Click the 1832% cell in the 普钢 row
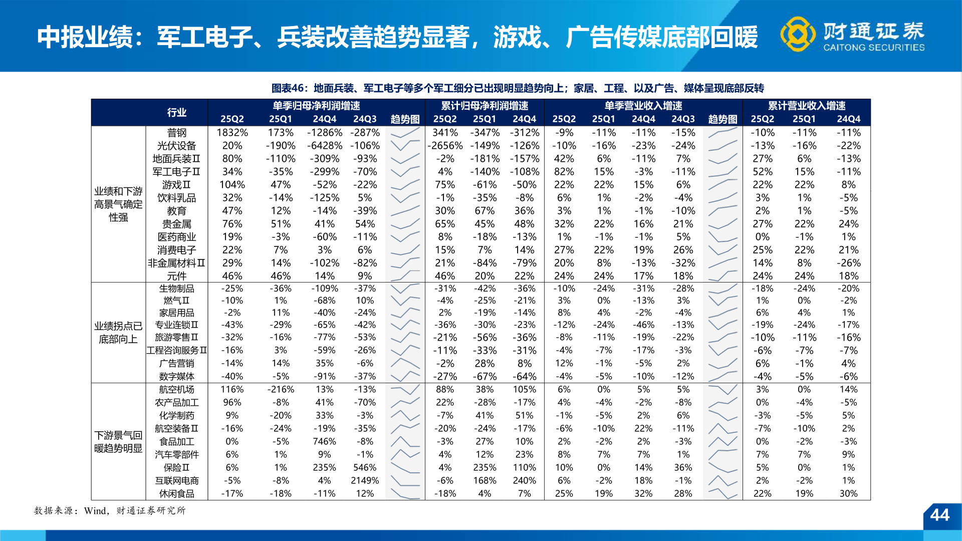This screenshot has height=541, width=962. (232, 133)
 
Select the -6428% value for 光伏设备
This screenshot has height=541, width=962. (324, 146)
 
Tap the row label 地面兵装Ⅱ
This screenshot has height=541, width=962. (176, 159)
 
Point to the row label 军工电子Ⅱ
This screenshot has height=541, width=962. (176, 172)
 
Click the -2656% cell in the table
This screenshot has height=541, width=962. (445, 146)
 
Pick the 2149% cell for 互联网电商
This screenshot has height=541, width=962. (365, 480)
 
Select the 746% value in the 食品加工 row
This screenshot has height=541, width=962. (324, 441)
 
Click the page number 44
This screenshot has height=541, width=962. (939, 515)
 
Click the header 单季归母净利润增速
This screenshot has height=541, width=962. (316, 106)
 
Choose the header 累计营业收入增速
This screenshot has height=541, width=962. (807, 106)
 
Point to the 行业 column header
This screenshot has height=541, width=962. (176, 112)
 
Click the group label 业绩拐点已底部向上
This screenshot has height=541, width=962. (118, 333)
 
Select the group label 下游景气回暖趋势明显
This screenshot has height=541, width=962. (118, 442)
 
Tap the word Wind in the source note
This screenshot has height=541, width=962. (95, 511)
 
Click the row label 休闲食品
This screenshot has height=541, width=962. (176, 493)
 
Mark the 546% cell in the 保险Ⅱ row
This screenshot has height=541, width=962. (365, 467)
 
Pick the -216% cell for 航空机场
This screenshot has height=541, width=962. (280, 389)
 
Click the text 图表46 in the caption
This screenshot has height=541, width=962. (288, 88)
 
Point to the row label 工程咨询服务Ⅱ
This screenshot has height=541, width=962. (176, 350)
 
